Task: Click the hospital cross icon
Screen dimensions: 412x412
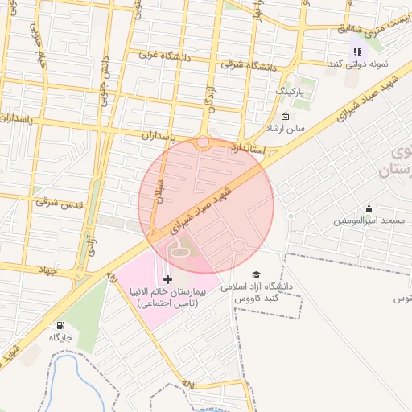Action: [x=167, y=278]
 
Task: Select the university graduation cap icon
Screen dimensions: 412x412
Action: [x=257, y=274]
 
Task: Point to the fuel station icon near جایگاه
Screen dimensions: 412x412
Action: [x=60, y=325]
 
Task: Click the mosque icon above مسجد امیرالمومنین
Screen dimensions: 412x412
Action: [x=369, y=208]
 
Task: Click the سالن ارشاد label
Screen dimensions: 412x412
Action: [x=286, y=129]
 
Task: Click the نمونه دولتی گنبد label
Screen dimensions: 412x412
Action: [x=359, y=64]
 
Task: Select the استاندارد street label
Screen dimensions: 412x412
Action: [x=248, y=149]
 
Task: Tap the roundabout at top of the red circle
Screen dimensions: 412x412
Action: [x=203, y=143]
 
